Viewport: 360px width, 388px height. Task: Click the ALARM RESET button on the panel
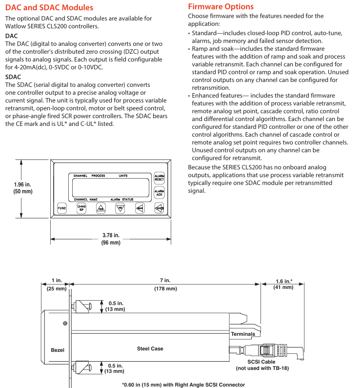point(159,178)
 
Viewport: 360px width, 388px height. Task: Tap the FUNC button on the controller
point(62,208)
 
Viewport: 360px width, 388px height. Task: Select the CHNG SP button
point(82,208)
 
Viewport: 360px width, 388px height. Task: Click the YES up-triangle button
point(100,208)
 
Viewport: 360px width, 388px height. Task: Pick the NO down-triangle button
point(120,208)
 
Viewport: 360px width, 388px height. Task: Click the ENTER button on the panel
point(159,208)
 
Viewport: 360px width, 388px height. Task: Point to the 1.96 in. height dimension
point(23,188)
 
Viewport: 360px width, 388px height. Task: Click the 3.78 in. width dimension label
point(111,239)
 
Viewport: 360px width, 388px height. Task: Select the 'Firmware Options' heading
point(220,7)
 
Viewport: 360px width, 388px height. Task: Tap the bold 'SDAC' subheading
point(13,77)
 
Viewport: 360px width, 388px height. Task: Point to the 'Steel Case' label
point(150,348)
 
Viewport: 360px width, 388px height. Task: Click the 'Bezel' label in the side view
point(58,350)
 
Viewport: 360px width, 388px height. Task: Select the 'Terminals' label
point(242,334)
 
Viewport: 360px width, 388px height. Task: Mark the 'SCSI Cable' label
point(261,362)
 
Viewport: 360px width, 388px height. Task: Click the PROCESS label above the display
point(98,176)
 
